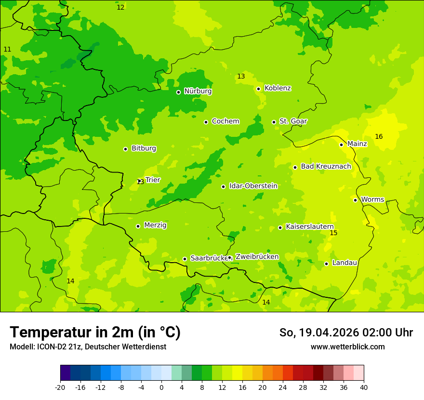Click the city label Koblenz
(278, 88)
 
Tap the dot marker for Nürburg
(178, 92)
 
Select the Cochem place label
(225, 121)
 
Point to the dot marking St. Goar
(274, 122)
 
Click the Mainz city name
(357, 144)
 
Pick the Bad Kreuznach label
(326, 166)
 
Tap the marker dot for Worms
(355, 200)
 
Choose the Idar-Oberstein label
(253, 186)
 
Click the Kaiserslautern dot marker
(280, 227)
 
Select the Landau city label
(344, 263)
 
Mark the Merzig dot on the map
(138, 226)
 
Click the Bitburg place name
(144, 148)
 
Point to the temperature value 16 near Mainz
(379, 137)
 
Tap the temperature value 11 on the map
(7, 50)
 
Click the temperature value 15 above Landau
(333, 233)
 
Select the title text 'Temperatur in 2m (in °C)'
(95, 333)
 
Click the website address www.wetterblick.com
(347, 347)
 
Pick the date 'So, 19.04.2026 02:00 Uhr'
(346, 333)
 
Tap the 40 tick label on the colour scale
(363, 387)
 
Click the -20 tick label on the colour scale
(60, 387)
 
